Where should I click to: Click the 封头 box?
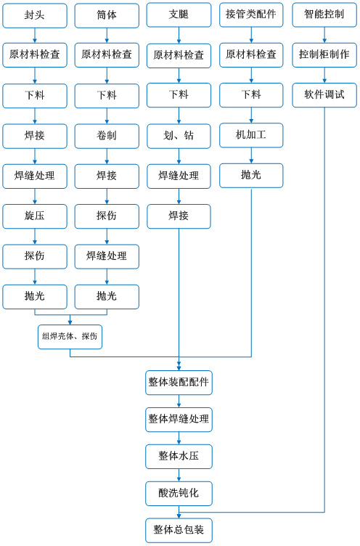coord(35,15)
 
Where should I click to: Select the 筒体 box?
coord(107,15)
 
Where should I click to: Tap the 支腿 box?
coord(179,15)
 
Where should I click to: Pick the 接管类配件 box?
coord(251,15)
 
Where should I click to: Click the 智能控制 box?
coord(324,15)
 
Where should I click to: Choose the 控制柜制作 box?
coord(324,54)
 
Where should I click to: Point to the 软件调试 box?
coord(324,95)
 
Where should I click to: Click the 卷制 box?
coord(107,136)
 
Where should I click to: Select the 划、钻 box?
coord(179,136)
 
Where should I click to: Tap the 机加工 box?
coord(251,135)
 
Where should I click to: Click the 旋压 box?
coord(35,216)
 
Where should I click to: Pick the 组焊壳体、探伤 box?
coord(70,337)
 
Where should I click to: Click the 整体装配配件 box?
coord(179,383)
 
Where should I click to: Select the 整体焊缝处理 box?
coord(179,419)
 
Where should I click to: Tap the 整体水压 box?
coord(179,456)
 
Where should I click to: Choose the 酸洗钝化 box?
coord(179,494)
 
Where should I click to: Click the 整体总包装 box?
coord(179,530)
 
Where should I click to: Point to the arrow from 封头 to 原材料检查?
coord(35,36)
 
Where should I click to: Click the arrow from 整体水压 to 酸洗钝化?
coord(179,475)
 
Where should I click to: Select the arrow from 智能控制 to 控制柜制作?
coord(324,35)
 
